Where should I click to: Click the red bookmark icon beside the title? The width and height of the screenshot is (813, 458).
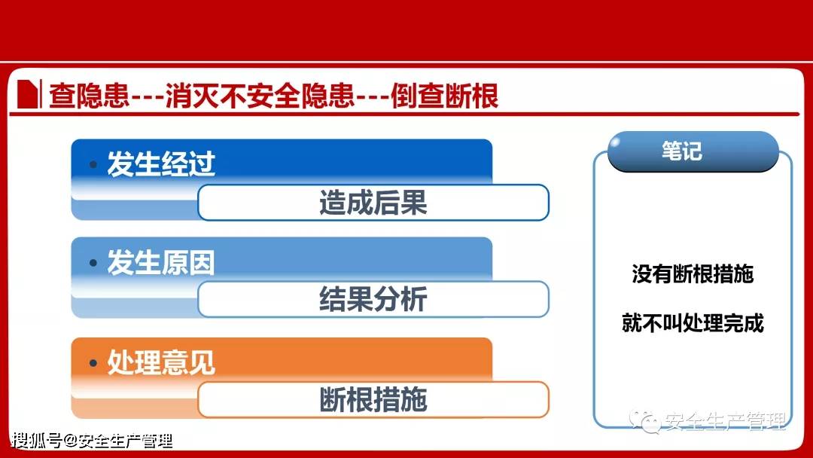pos(29,95)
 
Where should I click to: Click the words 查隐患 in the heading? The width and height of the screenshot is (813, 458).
pos(89,97)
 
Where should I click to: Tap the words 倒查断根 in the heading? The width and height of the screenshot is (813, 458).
pos(445,97)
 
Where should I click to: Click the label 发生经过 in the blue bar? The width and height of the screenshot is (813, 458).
pos(161,164)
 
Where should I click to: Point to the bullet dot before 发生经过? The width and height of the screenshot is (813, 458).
pos(93,164)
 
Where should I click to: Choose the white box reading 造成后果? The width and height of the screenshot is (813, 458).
pos(373,203)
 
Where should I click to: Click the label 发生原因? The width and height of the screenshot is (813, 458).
pos(161,263)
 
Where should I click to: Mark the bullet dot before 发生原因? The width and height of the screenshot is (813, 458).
pos(93,263)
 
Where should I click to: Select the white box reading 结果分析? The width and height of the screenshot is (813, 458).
pos(373,299)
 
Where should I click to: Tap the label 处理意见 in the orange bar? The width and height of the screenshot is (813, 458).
pos(161,363)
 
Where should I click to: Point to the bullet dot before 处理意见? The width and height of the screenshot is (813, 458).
pos(93,363)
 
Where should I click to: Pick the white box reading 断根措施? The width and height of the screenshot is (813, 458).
pos(373,399)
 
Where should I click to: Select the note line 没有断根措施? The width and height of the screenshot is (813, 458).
pos(693,275)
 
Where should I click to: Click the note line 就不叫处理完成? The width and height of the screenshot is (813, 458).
pos(693,324)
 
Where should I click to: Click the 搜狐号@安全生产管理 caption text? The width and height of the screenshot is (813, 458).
pos(93,441)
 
